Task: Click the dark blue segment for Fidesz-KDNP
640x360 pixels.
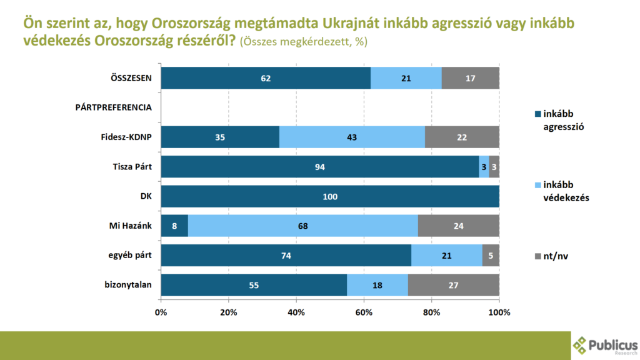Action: (220, 137)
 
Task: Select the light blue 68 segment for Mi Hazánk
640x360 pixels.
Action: (302, 226)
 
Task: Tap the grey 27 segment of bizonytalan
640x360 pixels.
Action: (454, 285)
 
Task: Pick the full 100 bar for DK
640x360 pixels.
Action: (330, 197)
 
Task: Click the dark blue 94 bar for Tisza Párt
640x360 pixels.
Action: (320, 167)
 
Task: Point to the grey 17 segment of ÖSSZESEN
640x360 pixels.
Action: (470, 77)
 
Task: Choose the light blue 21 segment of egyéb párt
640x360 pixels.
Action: (446, 256)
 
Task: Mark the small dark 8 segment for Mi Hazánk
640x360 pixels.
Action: (174, 226)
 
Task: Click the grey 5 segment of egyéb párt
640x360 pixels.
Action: (491, 256)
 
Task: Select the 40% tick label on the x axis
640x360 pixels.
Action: (296, 312)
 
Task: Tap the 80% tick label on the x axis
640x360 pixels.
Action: (431, 312)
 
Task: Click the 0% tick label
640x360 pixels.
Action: (161, 312)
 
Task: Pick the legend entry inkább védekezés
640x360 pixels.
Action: (562, 191)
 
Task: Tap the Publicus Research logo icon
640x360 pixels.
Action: (581, 345)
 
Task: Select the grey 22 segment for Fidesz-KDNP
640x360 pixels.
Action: (462, 137)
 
